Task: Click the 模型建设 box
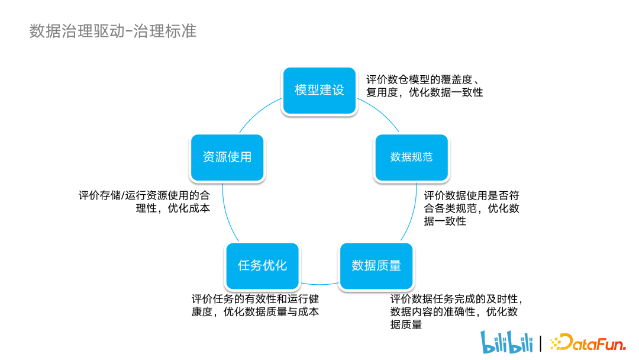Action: coord(319,91)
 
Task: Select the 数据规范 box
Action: coord(411,157)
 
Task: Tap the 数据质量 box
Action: coord(376,266)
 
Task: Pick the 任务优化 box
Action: coord(262,266)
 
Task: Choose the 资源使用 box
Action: coord(227,157)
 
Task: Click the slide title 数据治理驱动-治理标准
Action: coord(112,31)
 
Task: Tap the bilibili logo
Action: coord(505,342)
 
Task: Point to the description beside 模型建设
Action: coord(424,86)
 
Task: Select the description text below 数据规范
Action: coord(472,208)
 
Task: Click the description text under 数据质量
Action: coord(456,311)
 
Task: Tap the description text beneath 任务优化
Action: coord(255,305)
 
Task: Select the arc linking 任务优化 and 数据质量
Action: coord(319,283)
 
